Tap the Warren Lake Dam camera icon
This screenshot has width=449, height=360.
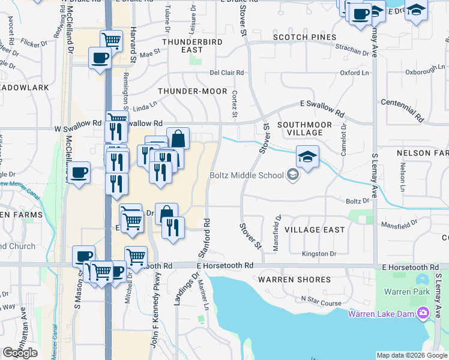coord(423,313)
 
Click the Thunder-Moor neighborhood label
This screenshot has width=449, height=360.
coord(192,91)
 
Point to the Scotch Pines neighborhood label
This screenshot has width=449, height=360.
coord(304,37)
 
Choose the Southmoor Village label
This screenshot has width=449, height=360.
coord(304,128)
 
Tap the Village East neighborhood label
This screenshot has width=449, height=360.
coord(315,230)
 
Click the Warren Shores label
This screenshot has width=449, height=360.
coord(294,280)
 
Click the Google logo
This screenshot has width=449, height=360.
coord(20,353)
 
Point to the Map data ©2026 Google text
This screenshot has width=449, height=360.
coord(412,355)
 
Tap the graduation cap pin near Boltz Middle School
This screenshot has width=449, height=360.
coord(307,158)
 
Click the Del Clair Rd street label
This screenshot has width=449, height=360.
coord(226,73)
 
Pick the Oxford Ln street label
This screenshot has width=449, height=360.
coord(354,73)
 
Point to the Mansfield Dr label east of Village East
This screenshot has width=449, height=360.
coord(403,223)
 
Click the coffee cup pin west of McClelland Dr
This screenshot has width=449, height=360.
coord(79,173)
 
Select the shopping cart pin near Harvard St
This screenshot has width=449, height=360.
coord(112,41)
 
